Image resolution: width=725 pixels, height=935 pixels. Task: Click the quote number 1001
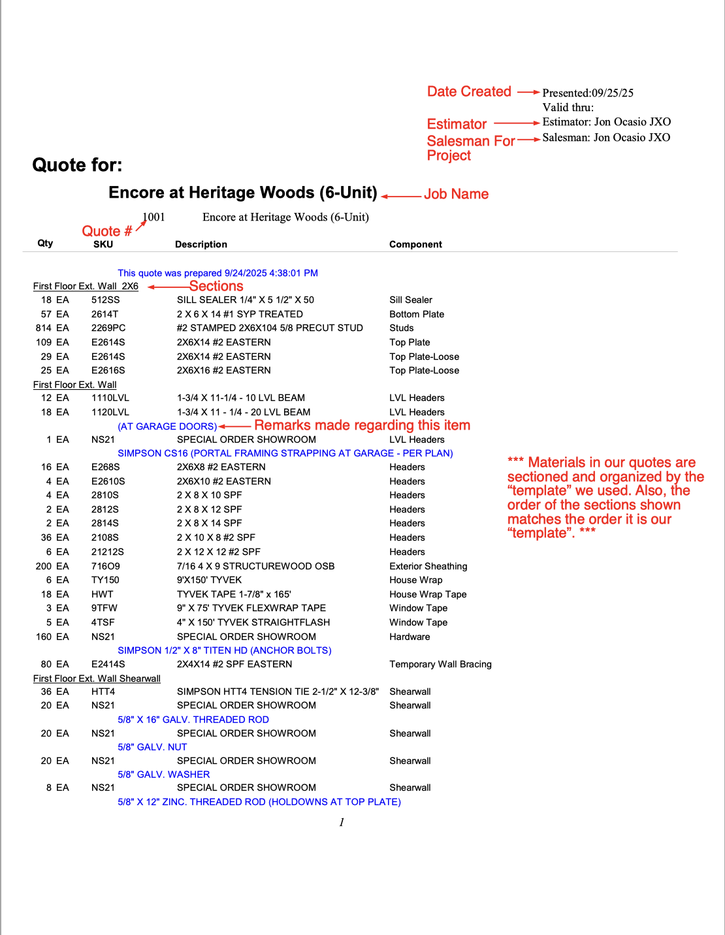pyautogui.click(x=154, y=217)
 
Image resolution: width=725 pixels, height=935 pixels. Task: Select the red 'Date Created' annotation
pyautogui.click(x=469, y=92)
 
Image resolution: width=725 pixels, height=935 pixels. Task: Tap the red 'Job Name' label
pyautogui.click(x=456, y=195)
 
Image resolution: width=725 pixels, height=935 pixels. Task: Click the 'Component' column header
pyautogui.click(x=415, y=245)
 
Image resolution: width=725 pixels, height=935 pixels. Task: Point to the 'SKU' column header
pyautogui.click(x=103, y=245)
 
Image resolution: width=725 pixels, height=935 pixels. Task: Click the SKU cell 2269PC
pyautogui.click(x=108, y=328)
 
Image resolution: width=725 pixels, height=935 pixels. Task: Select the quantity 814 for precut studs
pyautogui.click(x=44, y=328)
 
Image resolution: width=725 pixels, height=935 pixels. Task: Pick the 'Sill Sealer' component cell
pyautogui.click(x=411, y=300)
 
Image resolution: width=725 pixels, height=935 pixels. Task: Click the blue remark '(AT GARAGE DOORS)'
pyautogui.click(x=167, y=426)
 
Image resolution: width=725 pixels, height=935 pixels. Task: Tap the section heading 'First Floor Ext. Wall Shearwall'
pyautogui.click(x=97, y=679)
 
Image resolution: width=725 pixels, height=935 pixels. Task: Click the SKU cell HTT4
pyautogui.click(x=103, y=692)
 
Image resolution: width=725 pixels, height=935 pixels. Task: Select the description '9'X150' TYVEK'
pyautogui.click(x=209, y=580)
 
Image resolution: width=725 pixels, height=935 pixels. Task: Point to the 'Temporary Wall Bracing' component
pyautogui.click(x=440, y=665)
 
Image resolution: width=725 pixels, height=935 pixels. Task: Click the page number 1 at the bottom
pyautogui.click(x=342, y=823)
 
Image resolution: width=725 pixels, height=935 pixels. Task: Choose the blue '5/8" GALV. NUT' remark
pyautogui.click(x=152, y=748)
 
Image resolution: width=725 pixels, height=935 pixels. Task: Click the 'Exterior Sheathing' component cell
pyautogui.click(x=428, y=567)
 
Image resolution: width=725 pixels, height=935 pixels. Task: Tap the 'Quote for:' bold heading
pyautogui.click(x=77, y=165)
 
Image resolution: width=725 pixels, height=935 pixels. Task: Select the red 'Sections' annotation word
pyautogui.click(x=216, y=287)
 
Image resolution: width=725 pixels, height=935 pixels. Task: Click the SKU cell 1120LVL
pyautogui.click(x=110, y=413)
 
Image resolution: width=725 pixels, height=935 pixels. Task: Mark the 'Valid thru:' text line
pyautogui.click(x=568, y=108)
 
